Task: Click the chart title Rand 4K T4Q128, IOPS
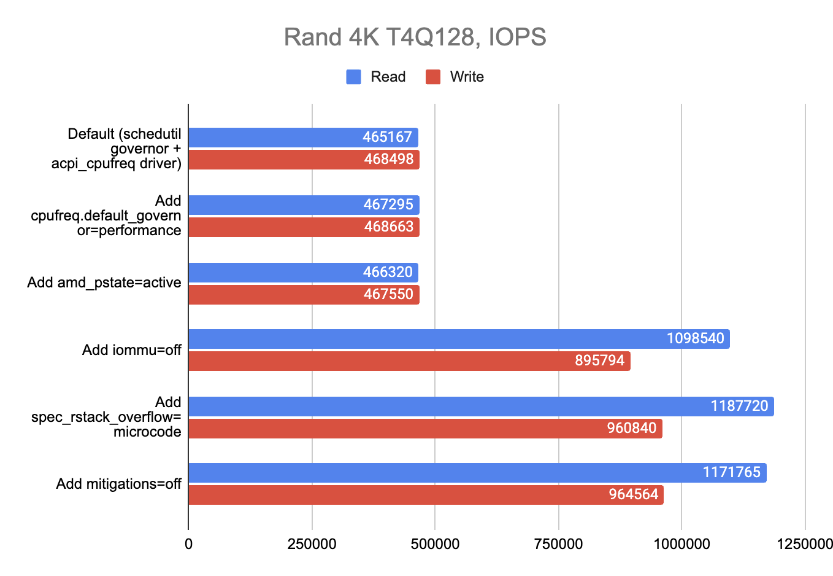click(x=415, y=37)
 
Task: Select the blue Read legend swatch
click(x=353, y=77)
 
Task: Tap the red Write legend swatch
click(x=433, y=77)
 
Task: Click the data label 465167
click(x=387, y=137)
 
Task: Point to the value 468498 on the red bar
click(x=388, y=160)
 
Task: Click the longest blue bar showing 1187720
click(x=481, y=407)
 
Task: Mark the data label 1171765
click(x=731, y=472)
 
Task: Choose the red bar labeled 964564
click(x=426, y=495)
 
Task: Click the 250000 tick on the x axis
click(x=312, y=544)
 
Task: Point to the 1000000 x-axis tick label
click(x=681, y=544)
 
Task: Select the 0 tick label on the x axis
click(x=188, y=544)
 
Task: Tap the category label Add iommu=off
click(x=132, y=350)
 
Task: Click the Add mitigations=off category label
click(x=118, y=484)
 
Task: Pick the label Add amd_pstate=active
click(x=104, y=282)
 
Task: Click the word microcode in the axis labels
click(x=147, y=432)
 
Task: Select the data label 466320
click(x=388, y=272)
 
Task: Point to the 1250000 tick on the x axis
click(x=804, y=544)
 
